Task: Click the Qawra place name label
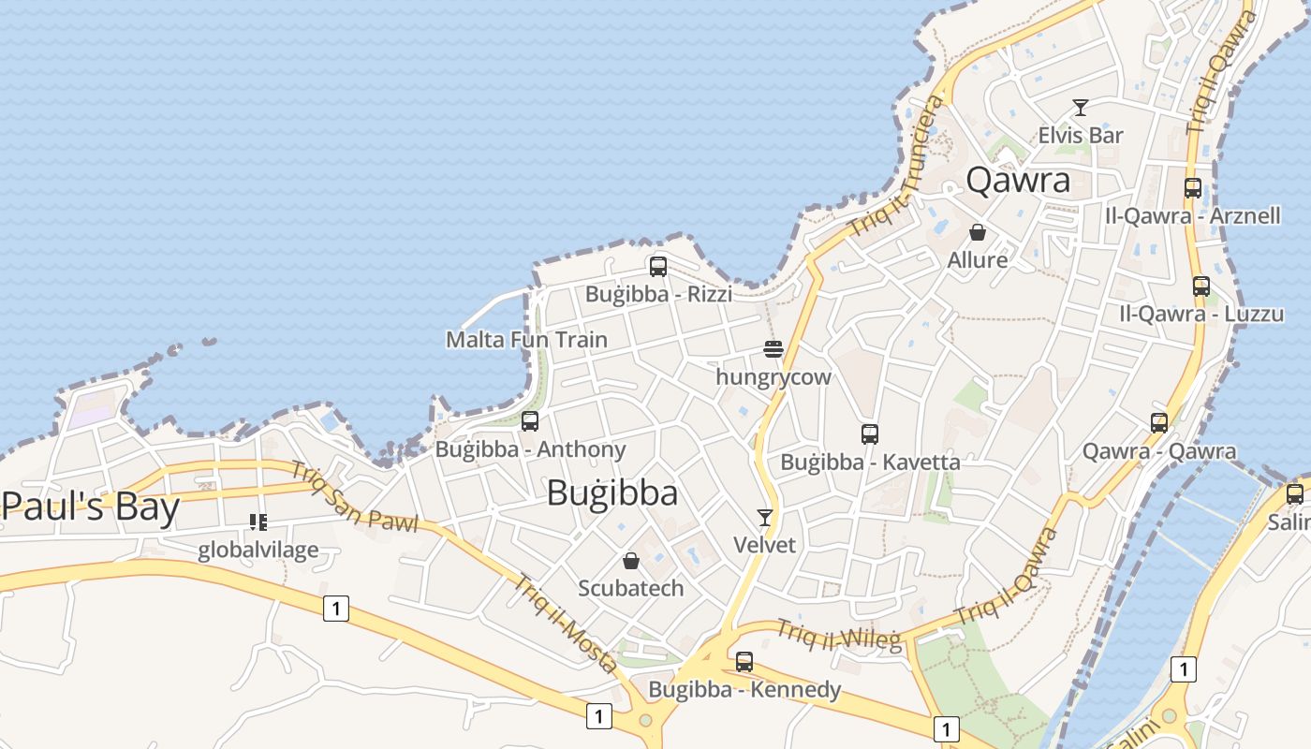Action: tap(1018, 180)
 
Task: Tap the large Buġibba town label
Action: tap(612, 492)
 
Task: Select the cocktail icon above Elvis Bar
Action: tap(1080, 108)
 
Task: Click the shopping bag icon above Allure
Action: tap(978, 232)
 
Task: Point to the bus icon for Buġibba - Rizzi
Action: tap(658, 267)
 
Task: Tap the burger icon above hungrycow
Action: tap(773, 350)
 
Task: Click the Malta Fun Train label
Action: tap(526, 339)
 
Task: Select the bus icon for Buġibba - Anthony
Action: tap(530, 421)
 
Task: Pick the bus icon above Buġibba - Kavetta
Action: tap(870, 434)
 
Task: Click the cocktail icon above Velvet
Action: tap(765, 517)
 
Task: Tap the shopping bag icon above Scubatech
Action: tap(631, 561)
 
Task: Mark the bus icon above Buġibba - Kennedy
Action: tap(744, 662)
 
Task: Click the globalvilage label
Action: tap(258, 550)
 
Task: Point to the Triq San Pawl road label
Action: tap(353, 498)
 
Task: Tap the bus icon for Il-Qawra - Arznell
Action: tap(1192, 188)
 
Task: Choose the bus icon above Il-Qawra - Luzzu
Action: tap(1201, 286)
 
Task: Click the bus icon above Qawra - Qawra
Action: tap(1159, 423)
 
